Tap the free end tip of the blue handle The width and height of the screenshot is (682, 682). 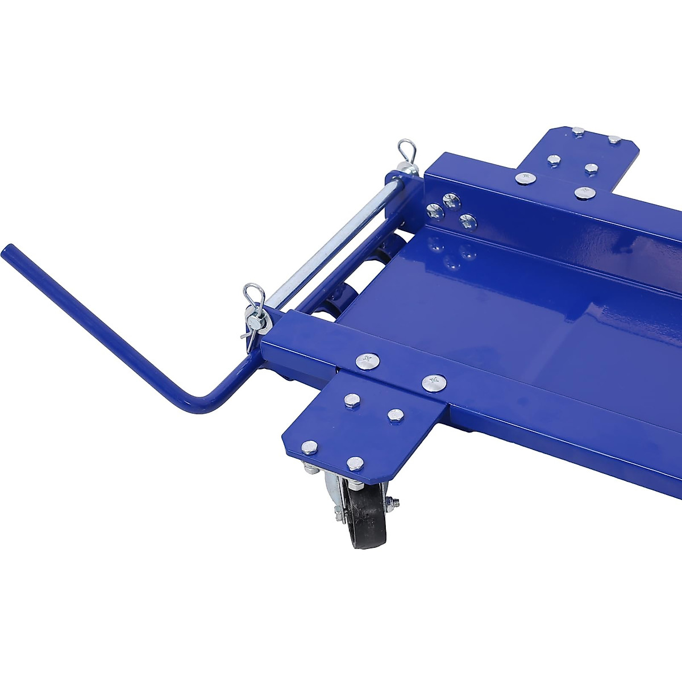point(7,251)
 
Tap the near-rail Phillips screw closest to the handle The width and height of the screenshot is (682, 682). point(367,360)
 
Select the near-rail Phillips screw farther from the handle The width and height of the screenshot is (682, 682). point(433,382)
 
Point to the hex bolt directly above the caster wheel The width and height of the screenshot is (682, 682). point(356,463)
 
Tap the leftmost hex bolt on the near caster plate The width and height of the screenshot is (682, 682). point(310,447)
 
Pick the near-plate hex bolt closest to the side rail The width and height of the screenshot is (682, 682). point(396,414)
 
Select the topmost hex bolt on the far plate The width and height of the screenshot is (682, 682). point(578,131)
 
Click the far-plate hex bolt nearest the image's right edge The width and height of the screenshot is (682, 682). point(614,139)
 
